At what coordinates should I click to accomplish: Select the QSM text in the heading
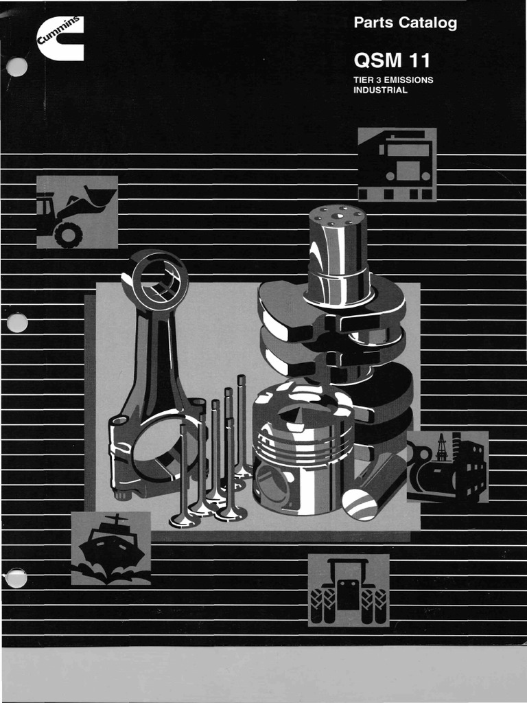tap(376, 61)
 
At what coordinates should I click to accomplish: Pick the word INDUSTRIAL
tap(380, 90)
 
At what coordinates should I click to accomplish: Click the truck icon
tap(397, 165)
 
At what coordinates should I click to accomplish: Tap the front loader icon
tap(77, 211)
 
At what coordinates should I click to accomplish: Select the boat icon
tap(110, 548)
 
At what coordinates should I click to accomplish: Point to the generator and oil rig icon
tap(447, 467)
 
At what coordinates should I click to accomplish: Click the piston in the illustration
tap(303, 450)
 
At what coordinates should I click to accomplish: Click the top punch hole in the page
tap(16, 67)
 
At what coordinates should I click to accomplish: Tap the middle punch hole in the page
tap(16, 321)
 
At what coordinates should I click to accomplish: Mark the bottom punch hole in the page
tap(16, 578)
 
